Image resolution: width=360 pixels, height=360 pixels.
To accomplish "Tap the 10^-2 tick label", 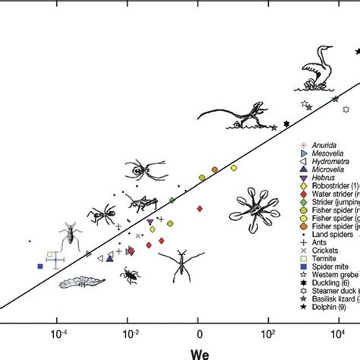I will coord(129,331).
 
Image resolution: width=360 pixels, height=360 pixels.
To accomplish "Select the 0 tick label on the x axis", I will coord(199,332).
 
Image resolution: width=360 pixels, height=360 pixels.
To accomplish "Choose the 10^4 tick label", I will coord(337,331).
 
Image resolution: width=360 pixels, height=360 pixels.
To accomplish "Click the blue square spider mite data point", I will coord(40,266).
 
